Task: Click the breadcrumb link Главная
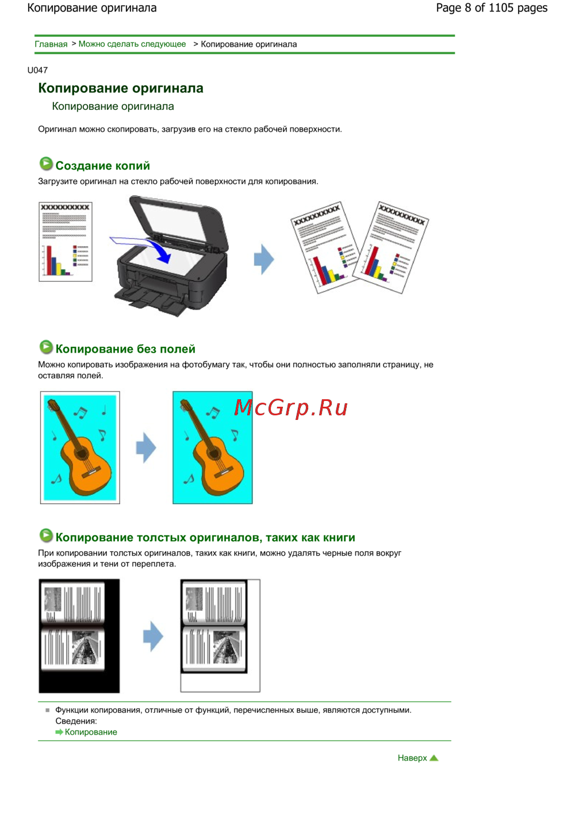[x=51, y=44]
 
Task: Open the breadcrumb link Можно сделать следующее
[x=132, y=44]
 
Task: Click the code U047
[x=37, y=70]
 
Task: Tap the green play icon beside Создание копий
[x=46, y=164]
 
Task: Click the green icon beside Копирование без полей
[x=46, y=347]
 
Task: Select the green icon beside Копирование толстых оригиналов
[x=46, y=535]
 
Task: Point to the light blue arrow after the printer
[x=264, y=259]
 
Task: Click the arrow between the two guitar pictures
[x=146, y=448]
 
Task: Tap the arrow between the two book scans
[x=153, y=636]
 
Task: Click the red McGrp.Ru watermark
[x=290, y=408]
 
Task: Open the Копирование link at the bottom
[x=91, y=732]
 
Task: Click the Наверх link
[x=412, y=758]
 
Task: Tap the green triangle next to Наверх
[x=434, y=758]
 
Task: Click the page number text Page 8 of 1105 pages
[x=492, y=8]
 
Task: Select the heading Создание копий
[x=102, y=166]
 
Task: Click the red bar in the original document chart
[x=49, y=260]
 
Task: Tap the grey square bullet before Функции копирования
[x=48, y=710]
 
